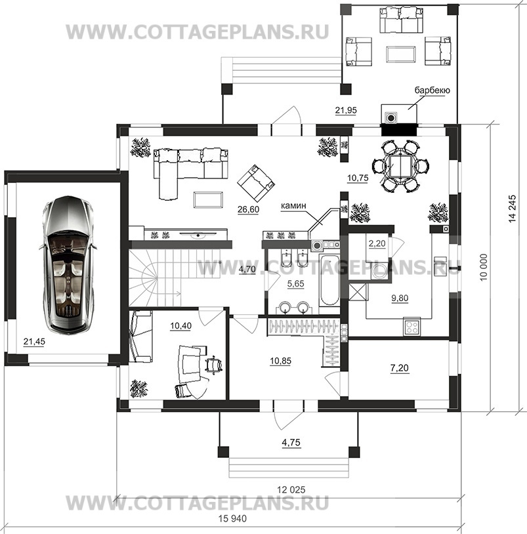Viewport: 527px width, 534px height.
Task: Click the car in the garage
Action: tap(68, 264)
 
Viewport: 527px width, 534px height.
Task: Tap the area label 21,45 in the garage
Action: tap(34, 341)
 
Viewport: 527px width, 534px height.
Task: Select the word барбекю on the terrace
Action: tap(432, 91)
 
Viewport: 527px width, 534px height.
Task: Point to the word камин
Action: tap(293, 206)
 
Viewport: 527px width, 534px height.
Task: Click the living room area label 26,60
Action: tap(248, 209)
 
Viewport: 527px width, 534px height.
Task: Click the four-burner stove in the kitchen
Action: tap(412, 327)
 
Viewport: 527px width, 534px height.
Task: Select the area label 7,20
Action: tap(400, 368)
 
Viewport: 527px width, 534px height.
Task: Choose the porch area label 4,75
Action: tap(291, 442)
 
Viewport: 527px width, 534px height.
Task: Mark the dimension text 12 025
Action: tap(291, 490)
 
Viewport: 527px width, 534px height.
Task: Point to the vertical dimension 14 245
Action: tap(513, 209)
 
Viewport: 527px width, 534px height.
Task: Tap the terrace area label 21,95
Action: tap(346, 110)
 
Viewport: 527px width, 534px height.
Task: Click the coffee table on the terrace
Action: tap(401, 54)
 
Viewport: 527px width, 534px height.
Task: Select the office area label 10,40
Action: tap(181, 326)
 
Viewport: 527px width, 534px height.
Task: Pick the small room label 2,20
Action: tap(377, 243)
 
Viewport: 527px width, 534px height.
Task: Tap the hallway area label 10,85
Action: tap(280, 361)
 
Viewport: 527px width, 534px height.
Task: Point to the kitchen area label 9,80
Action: tap(400, 298)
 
